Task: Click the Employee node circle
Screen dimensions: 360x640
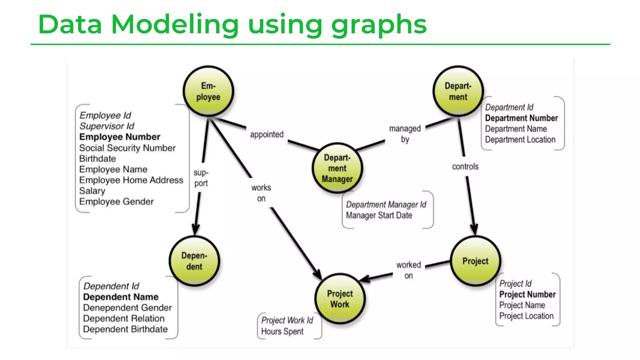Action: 208,91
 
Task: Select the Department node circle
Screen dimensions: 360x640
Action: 458,91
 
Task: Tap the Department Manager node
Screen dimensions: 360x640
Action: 337,168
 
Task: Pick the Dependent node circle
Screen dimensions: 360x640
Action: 194,261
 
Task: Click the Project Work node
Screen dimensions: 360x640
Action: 340,299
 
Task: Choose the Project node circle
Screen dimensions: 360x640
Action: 475,261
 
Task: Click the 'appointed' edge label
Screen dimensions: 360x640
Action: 267,134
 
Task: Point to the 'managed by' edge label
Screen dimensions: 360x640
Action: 405,134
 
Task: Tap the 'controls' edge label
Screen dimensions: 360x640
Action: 465,167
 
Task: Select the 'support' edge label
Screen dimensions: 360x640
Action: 201,178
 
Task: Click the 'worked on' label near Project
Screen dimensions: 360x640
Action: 408,270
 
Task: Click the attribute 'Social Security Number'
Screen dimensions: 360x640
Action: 127,148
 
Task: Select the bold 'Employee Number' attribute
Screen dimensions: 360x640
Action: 120,137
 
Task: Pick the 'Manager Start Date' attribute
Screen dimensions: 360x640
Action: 379,215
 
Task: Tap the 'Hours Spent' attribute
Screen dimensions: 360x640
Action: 282,331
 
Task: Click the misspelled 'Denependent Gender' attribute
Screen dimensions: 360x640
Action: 127,308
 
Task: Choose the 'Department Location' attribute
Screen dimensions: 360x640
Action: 520,140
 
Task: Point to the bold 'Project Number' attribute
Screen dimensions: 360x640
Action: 527,294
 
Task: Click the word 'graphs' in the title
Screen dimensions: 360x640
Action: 379,25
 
